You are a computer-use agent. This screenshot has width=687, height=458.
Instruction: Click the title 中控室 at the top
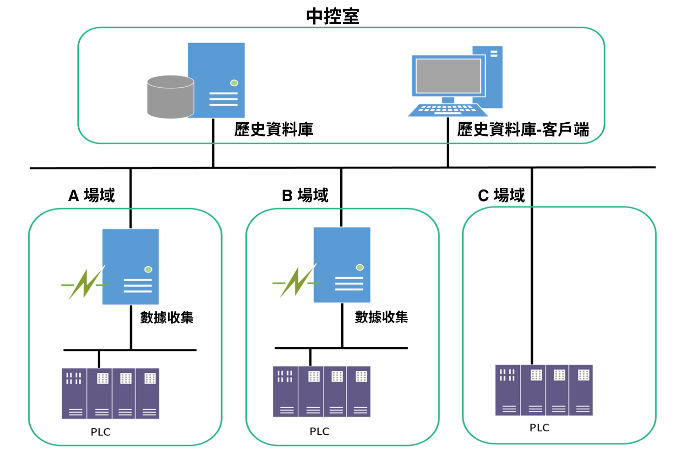point(333,16)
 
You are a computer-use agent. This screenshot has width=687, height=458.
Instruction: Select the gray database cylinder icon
point(170,97)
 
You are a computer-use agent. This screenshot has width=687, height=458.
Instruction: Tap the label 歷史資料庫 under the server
point(273,130)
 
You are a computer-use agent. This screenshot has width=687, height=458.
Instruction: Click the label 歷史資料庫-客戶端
point(523,130)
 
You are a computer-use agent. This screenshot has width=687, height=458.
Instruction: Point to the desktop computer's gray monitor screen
point(448,76)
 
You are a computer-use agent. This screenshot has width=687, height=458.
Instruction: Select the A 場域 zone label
point(92,196)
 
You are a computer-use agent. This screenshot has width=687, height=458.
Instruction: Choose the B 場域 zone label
point(305,196)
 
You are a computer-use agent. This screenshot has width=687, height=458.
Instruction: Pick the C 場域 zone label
point(501,196)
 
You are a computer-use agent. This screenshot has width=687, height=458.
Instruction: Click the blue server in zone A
point(131,267)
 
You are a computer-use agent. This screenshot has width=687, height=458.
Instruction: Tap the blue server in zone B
point(342,265)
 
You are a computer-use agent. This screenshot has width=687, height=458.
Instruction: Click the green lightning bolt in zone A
point(85,284)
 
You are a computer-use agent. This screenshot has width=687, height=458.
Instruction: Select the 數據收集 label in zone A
point(167,317)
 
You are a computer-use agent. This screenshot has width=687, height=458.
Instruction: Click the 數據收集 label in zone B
point(381,317)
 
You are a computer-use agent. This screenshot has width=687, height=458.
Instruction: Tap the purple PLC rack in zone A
point(110,393)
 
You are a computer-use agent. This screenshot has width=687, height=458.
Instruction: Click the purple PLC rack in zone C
point(544,390)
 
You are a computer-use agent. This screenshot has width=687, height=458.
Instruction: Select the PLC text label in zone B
point(319,431)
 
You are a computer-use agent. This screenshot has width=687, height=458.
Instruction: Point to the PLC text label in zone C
point(539,428)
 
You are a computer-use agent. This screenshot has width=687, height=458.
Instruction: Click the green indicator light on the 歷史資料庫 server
point(234,83)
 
